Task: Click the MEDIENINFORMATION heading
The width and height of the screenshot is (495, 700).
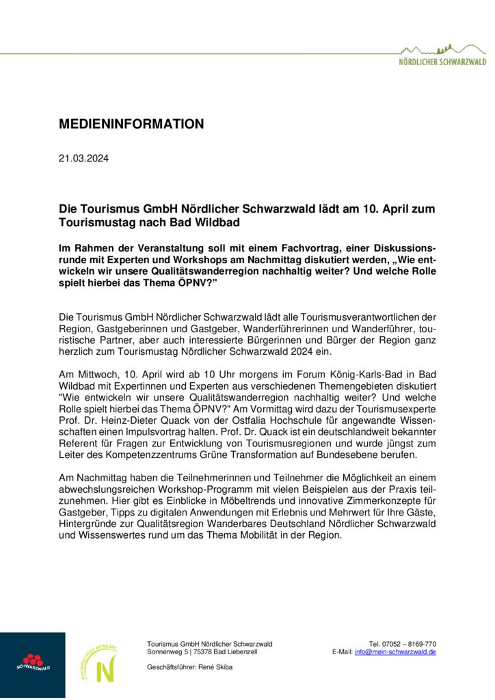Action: click(131, 124)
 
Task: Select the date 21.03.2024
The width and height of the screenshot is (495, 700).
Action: click(83, 159)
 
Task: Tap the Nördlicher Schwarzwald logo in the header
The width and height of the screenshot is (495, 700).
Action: click(442, 55)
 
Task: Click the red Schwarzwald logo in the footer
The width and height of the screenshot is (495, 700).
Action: click(33, 664)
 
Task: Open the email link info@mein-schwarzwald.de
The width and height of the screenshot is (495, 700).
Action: click(395, 652)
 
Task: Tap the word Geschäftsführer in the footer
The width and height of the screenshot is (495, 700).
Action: click(173, 667)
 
